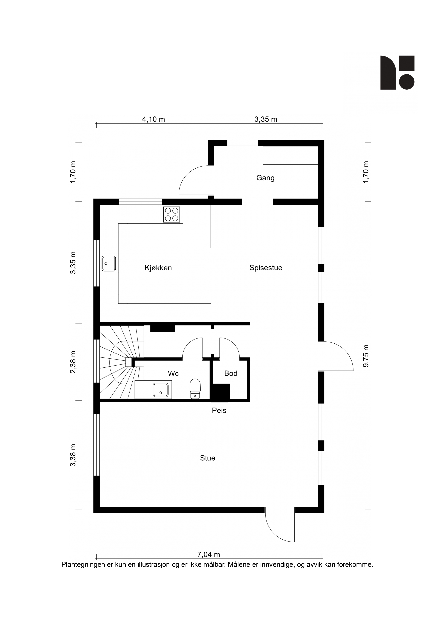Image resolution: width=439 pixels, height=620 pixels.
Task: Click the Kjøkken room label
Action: click(158, 268)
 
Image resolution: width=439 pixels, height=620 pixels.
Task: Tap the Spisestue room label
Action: click(266, 268)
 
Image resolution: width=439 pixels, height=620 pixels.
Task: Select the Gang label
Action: click(265, 178)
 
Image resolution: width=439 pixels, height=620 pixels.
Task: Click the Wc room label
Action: click(173, 373)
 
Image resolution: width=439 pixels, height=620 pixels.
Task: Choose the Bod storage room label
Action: click(231, 373)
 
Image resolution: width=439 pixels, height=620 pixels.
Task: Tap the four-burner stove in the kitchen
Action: click(172, 214)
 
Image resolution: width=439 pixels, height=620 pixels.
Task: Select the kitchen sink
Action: click(109, 264)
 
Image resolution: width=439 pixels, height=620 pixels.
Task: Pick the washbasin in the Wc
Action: click(161, 390)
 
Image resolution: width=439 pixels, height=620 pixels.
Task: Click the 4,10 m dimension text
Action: click(153, 119)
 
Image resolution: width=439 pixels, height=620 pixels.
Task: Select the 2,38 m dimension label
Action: click(73, 362)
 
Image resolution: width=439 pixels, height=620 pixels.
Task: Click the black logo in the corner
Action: click(397, 73)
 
